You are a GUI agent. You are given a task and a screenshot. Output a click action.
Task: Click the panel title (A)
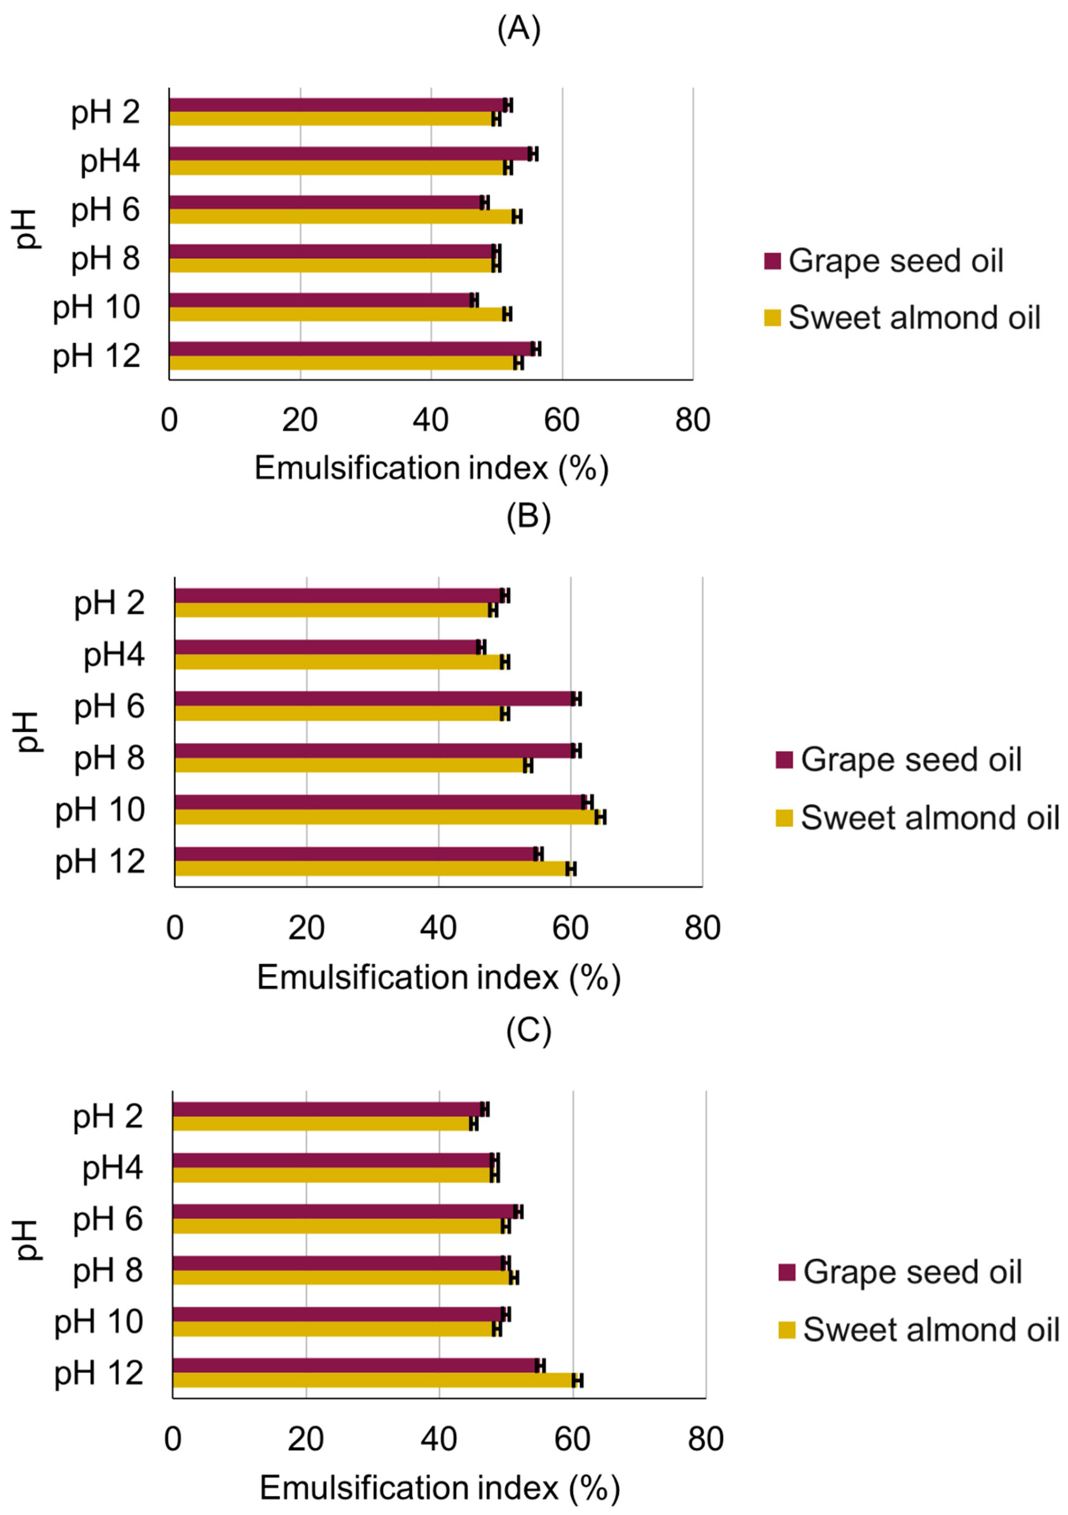[519, 30]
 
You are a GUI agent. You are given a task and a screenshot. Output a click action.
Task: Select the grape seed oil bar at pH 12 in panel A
[350, 348]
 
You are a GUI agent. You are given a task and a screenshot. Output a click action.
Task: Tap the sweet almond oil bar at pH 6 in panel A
[340, 217]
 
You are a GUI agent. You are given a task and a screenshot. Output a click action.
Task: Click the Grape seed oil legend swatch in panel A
[772, 260]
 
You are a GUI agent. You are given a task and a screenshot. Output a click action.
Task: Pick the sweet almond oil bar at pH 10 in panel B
[386, 817]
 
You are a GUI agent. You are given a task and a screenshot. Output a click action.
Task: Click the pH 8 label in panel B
[109, 758]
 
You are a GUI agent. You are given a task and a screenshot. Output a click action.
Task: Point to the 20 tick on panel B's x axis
[306, 928]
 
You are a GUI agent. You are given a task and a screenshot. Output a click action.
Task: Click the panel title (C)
[528, 1031]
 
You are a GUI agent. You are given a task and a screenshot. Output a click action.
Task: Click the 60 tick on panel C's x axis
[572, 1439]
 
